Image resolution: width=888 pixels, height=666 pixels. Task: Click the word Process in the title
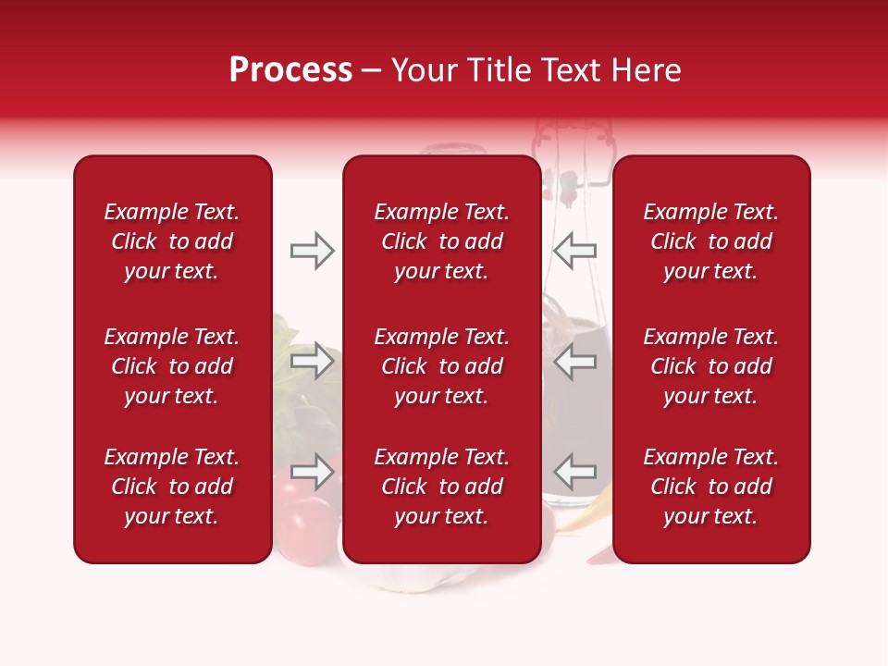pyautogui.click(x=290, y=70)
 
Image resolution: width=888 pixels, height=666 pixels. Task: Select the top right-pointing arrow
pyautogui.click(x=312, y=251)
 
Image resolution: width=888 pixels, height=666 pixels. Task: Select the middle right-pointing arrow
pyautogui.click(x=312, y=361)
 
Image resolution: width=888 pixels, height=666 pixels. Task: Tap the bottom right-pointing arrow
pyautogui.click(x=312, y=471)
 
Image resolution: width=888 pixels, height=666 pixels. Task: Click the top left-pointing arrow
pyautogui.click(x=575, y=251)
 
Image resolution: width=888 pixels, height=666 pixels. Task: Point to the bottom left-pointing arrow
pyautogui.click(x=575, y=471)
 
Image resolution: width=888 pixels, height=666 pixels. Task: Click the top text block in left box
pyautogui.click(x=172, y=241)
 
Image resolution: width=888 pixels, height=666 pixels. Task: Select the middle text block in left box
pyautogui.click(x=172, y=366)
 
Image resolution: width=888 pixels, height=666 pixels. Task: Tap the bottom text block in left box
pyautogui.click(x=172, y=487)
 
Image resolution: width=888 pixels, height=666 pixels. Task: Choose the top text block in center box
pyautogui.click(x=441, y=241)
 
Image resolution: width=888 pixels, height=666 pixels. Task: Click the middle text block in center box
pyautogui.click(x=441, y=366)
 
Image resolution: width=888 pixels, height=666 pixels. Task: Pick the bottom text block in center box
pyautogui.click(x=441, y=487)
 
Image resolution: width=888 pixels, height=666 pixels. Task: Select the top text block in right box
pyautogui.click(x=710, y=241)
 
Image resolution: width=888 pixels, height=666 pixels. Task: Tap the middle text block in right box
pyautogui.click(x=710, y=366)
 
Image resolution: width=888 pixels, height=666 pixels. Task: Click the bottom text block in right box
pyautogui.click(x=710, y=487)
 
